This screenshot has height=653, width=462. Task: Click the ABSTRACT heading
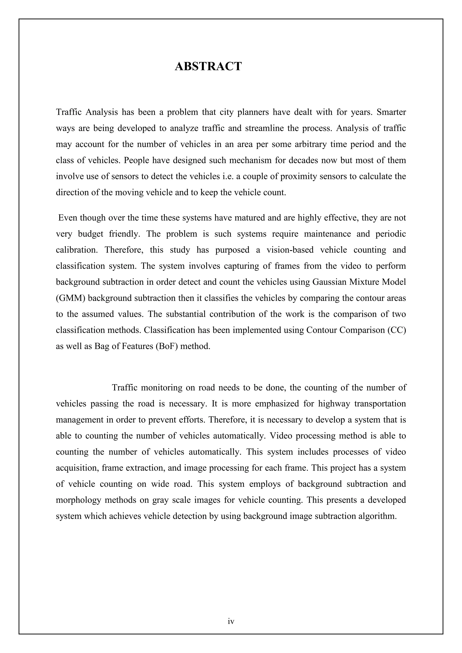pyautogui.click(x=208, y=66)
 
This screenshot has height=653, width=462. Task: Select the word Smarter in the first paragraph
pyautogui.click(x=391, y=112)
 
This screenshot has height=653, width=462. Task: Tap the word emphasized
pyautogui.click(x=277, y=404)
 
